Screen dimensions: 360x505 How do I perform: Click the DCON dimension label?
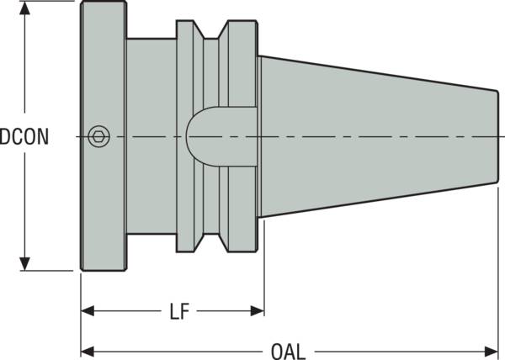(x=24, y=136)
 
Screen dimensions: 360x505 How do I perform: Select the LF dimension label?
(x=178, y=313)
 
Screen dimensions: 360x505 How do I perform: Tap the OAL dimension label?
(x=288, y=349)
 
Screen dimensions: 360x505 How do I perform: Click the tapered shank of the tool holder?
(x=370, y=135)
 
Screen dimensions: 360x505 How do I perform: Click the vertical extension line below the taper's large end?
(x=264, y=269)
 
